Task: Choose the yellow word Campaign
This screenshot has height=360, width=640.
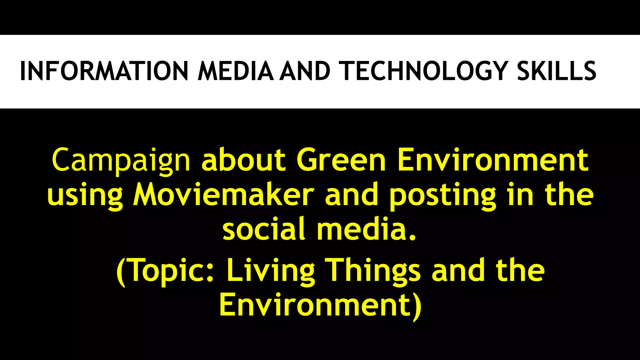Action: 121,160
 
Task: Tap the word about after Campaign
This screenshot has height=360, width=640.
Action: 243,160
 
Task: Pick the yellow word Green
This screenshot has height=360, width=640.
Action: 341,160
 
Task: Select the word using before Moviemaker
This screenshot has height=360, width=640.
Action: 85,195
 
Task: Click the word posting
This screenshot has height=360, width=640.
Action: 442,196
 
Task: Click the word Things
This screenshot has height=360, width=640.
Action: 373,271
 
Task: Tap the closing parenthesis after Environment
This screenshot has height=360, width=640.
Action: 417,306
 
